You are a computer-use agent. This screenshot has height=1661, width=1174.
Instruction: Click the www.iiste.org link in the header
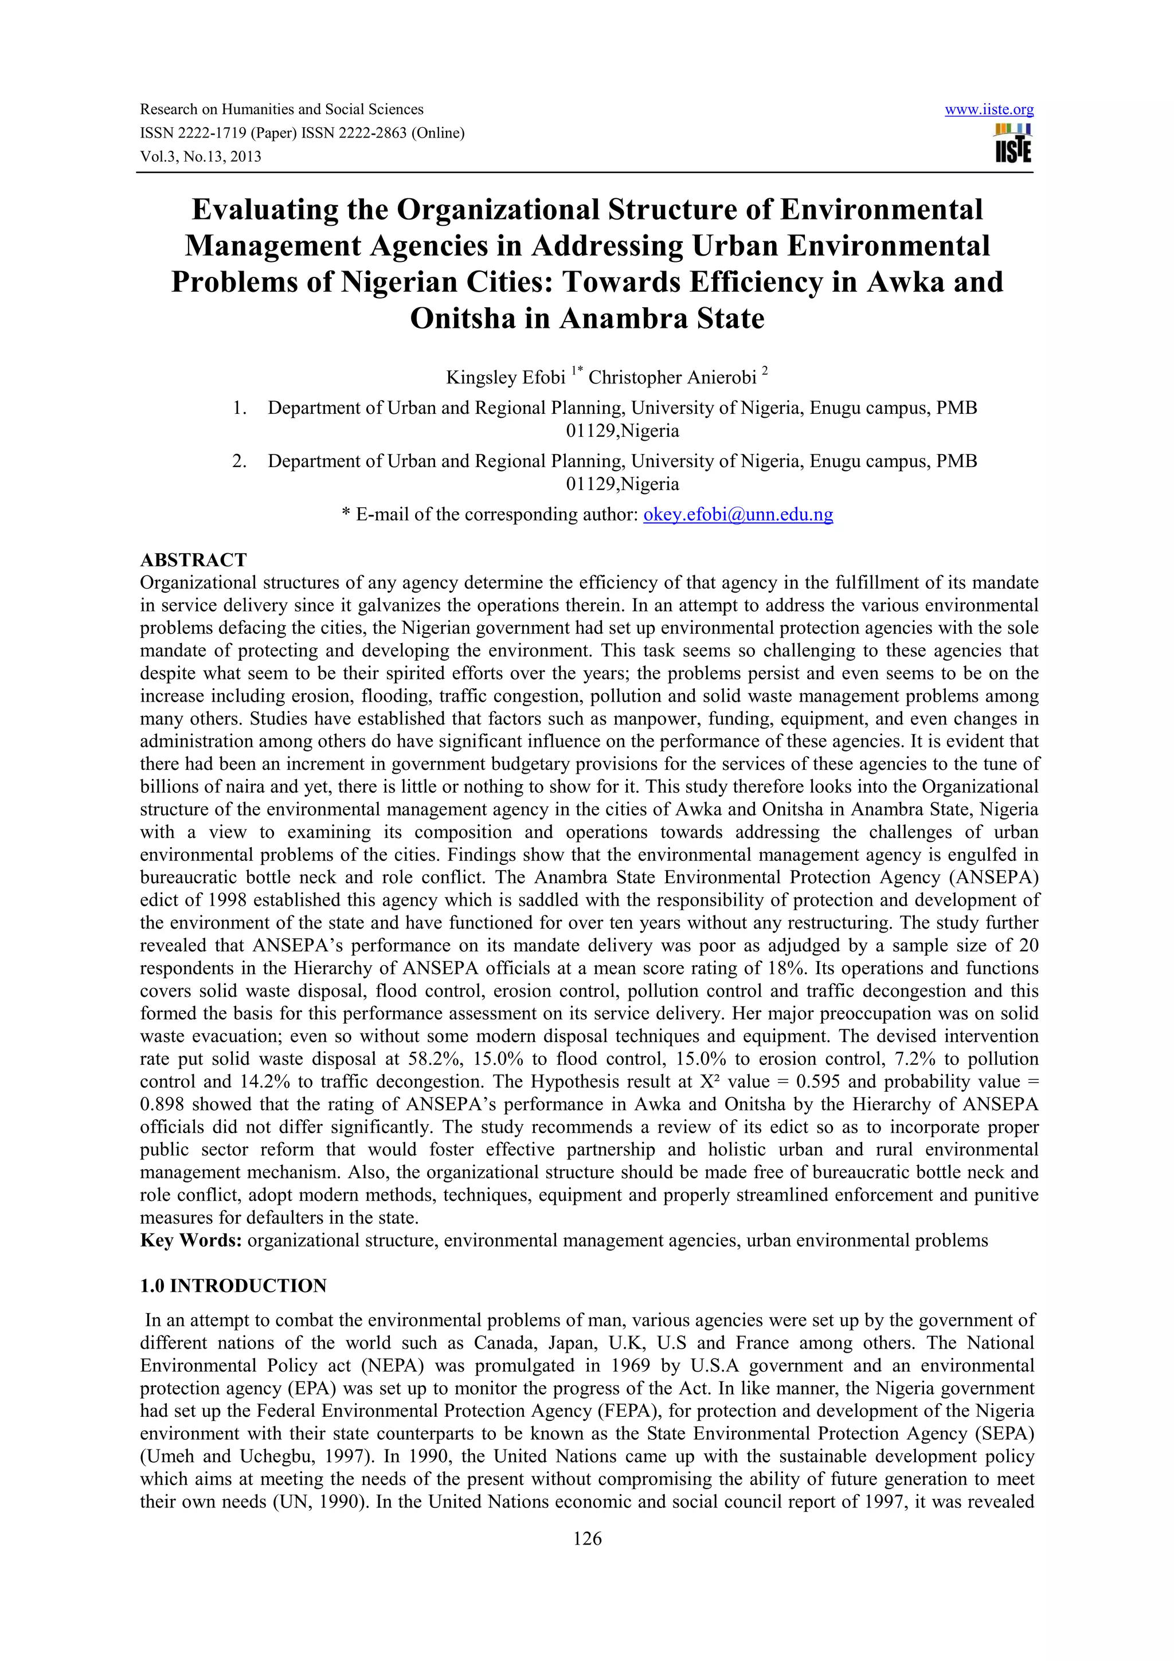(989, 110)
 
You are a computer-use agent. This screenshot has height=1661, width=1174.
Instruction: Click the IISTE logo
(1013, 144)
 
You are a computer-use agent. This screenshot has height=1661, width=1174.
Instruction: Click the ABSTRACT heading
(193, 560)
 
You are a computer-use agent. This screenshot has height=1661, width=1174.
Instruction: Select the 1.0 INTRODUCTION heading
(233, 1286)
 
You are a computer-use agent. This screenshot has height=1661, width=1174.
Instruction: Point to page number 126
(586, 1539)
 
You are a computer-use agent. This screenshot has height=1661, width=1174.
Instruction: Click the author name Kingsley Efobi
(505, 378)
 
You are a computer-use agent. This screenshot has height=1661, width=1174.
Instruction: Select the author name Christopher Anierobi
(672, 378)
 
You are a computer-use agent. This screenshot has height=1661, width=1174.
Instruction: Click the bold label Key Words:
(191, 1241)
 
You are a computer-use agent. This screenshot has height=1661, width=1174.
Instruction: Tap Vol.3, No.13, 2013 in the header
(201, 157)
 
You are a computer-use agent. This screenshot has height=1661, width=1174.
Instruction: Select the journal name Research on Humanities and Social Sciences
(281, 110)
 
